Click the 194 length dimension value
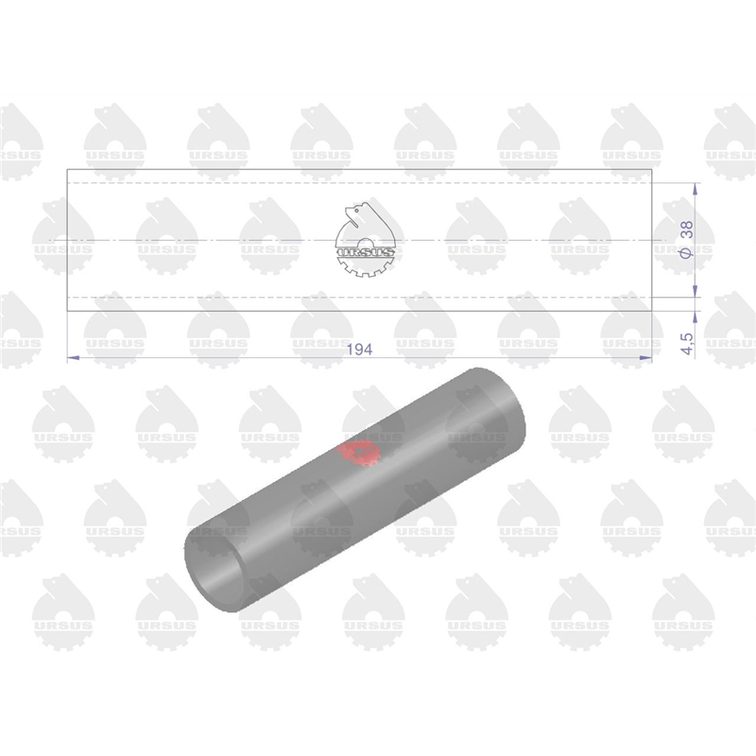click(360, 350)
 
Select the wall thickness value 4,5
click(688, 344)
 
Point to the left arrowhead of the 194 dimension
click(73, 358)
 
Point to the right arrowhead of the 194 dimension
click(645, 358)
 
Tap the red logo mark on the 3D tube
click(359, 454)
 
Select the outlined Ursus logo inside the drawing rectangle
click(366, 240)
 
